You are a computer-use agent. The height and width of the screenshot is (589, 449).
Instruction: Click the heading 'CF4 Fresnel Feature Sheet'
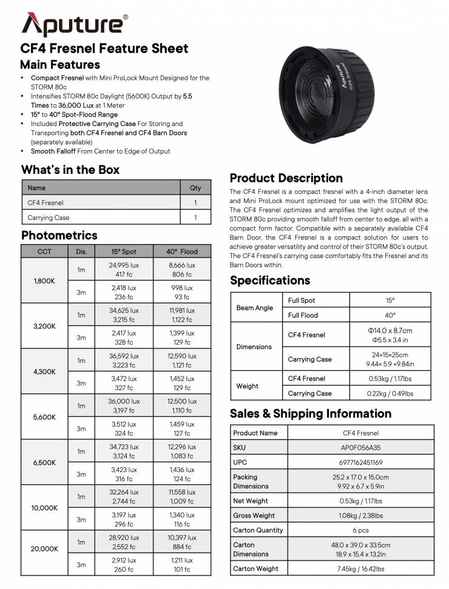tap(104, 49)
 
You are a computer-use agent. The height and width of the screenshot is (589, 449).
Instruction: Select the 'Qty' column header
tap(195, 188)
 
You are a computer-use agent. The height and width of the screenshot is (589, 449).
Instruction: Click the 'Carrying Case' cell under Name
tap(49, 218)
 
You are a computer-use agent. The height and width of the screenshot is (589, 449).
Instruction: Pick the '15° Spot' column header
tap(124, 251)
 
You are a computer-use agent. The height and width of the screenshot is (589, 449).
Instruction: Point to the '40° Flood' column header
tap(182, 251)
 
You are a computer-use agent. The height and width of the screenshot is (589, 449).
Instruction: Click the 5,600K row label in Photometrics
tap(44, 417)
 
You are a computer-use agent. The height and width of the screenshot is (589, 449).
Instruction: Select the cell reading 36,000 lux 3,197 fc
tap(124, 406)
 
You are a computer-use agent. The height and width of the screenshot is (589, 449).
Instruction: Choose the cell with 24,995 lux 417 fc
tap(124, 270)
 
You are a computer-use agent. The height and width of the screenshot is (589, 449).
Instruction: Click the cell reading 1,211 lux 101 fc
tap(182, 565)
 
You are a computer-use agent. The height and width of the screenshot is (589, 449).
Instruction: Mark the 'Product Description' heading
tap(286, 178)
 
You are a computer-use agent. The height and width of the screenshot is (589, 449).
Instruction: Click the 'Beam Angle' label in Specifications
tap(255, 308)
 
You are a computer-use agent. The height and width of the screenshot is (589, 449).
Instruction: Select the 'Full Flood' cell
tap(303, 315)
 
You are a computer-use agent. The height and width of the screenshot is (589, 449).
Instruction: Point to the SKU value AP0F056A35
tap(360, 448)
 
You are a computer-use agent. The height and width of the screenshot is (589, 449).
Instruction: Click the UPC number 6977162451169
tap(360, 462)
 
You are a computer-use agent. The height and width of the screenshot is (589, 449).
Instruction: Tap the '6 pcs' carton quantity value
tap(360, 530)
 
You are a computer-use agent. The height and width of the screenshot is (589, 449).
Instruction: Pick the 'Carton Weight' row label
tap(256, 569)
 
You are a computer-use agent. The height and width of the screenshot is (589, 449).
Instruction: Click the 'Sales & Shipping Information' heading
tap(311, 414)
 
